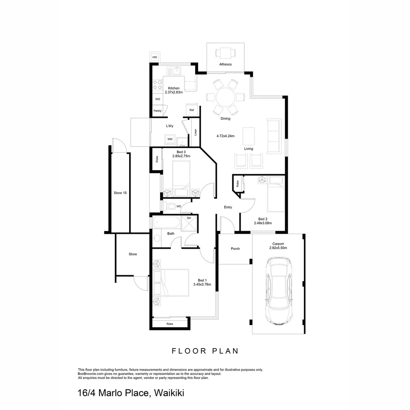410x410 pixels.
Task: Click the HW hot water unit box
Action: (155, 57)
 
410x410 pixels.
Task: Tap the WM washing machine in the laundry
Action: (170, 139)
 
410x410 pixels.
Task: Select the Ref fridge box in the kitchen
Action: (192, 110)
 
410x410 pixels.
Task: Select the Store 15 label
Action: (120, 193)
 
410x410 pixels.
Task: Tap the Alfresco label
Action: (225, 65)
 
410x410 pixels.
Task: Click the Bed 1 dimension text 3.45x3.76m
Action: (202, 284)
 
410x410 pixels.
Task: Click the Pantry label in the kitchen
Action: (158, 111)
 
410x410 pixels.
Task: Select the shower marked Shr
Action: (189, 223)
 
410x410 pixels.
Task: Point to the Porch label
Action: (235, 249)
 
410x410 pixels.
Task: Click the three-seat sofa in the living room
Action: (274, 136)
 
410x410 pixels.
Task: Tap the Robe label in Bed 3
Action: (156, 159)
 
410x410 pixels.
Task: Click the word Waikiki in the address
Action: (169, 393)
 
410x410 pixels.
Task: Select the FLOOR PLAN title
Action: (205, 351)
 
